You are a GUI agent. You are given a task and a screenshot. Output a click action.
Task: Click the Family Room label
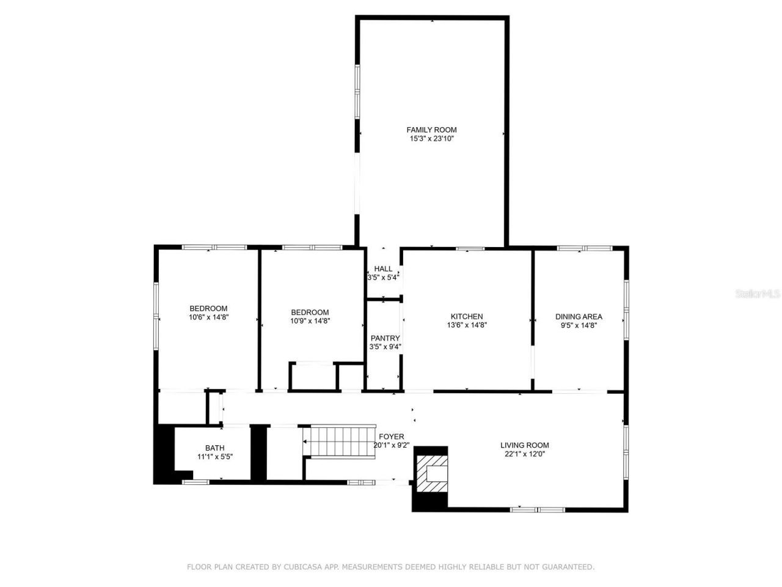pyautogui.click(x=431, y=130)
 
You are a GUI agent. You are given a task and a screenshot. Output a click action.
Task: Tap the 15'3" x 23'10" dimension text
pyautogui.click(x=431, y=139)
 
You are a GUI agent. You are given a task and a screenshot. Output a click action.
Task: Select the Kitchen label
pyautogui.click(x=467, y=317)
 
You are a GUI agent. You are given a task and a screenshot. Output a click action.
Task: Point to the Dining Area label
pyautogui.click(x=579, y=317)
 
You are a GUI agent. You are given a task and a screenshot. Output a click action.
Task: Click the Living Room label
pyautogui.click(x=524, y=445)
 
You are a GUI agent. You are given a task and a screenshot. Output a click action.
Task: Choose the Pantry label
pyautogui.click(x=385, y=338)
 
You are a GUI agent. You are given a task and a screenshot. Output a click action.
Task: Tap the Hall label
pyautogui.click(x=383, y=268)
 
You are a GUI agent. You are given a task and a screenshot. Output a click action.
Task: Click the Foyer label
pyautogui.click(x=391, y=437)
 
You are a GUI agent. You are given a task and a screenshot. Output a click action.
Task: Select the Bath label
pyautogui.click(x=214, y=448)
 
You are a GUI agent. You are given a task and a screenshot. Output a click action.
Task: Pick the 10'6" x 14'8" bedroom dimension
pyautogui.click(x=208, y=317)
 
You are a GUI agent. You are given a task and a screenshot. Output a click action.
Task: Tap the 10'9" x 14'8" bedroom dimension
pyautogui.click(x=310, y=321)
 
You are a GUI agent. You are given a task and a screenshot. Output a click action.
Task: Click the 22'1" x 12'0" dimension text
pyautogui.click(x=524, y=454)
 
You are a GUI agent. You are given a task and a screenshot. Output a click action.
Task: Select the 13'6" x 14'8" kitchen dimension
pyautogui.click(x=467, y=325)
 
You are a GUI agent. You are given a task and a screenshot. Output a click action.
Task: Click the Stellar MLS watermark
pyautogui.click(x=758, y=294)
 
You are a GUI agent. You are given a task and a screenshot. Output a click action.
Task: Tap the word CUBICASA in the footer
pyautogui.click(x=304, y=567)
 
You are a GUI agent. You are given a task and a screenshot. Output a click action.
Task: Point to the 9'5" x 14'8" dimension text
pyautogui.click(x=579, y=325)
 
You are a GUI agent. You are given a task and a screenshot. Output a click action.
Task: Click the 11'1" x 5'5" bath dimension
pyautogui.click(x=214, y=457)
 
